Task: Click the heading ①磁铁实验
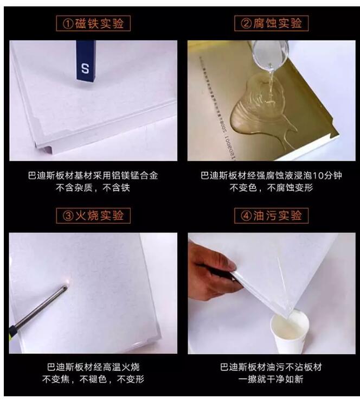click(94, 23)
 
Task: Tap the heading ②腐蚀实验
click(271, 23)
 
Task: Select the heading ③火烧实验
click(94, 215)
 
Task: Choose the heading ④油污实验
click(271, 215)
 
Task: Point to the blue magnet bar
click(85, 60)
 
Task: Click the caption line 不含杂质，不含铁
click(93, 188)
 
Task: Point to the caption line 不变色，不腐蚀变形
click(271, 188)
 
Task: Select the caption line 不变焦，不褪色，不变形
click(93, 379)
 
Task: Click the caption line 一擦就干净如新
click(271, 379)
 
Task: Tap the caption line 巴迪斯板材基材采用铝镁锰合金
click(93, 176)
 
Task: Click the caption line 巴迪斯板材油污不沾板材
click(271, 367)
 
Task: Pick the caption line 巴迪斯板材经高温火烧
click(93, 367)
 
